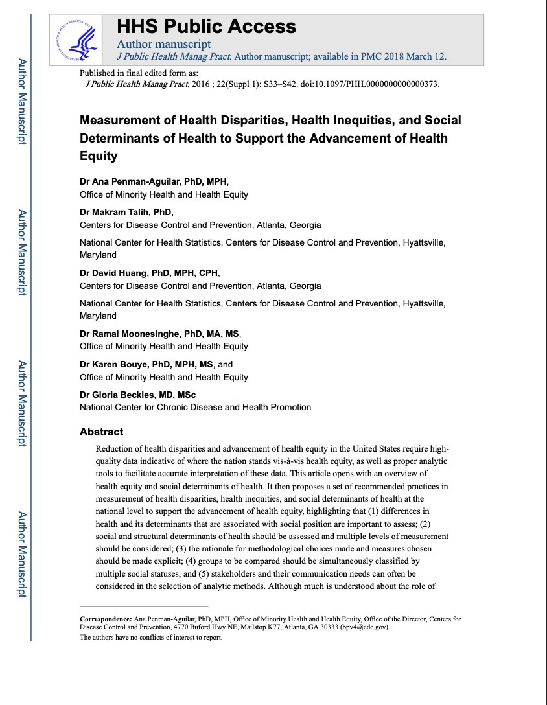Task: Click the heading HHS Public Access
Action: (206, 27)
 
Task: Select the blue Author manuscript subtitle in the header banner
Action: (163, 44)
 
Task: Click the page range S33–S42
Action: (290, 84)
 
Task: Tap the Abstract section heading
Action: (101, 432)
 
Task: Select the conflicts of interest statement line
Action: (151, 638)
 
